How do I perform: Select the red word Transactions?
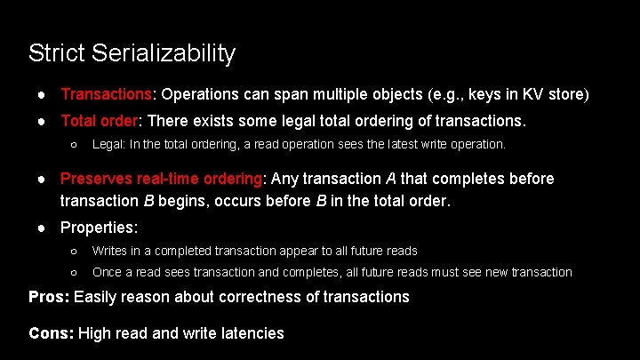click(x=107, y=93)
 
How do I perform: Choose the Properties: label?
click(x=99, y=228)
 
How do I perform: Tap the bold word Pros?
click(x=50, y=297)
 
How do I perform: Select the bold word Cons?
click(x=52, y=334)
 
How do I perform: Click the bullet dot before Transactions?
click(x=44, y=94)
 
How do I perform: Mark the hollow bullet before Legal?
click(x=75, y=144)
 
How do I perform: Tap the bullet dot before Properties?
click(x=44, y=228)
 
